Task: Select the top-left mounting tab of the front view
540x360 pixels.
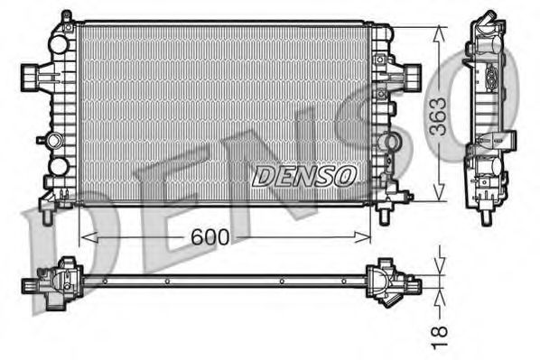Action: (65, 19)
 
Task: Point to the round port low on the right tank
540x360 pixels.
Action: (390, 143)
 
